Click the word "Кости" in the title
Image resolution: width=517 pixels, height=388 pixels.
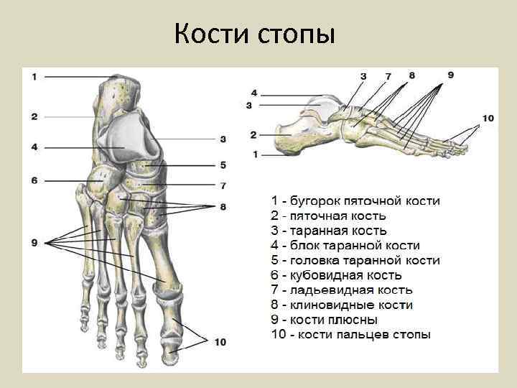click(210, 33)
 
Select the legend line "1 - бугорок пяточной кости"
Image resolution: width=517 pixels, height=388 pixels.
click(355, 201)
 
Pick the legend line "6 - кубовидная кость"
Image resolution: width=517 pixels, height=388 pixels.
click(336, 275)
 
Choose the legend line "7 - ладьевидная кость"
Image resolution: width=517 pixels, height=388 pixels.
click(341, 290)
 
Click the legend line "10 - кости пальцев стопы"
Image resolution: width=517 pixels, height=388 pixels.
click(350, 335)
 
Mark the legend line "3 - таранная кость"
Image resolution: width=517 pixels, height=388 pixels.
click(329, 231)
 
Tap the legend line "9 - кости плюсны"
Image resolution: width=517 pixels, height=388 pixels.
click(324, 320)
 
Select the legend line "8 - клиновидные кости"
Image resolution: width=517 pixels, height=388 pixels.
click(341, 305)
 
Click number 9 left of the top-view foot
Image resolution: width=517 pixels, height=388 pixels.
click(34, 244)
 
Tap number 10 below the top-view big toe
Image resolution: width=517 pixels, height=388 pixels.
click(219, 342)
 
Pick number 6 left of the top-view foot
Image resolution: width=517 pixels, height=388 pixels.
click(34, 180)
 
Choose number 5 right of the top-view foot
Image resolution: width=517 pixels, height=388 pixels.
click(223, 165)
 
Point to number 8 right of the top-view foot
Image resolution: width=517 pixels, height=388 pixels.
click(223, 207)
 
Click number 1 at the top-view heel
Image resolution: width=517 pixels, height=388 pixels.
click(34, 76)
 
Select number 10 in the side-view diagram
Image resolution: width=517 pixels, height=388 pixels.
click(488, 119)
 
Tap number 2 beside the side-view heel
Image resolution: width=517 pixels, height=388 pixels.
click(253, 134)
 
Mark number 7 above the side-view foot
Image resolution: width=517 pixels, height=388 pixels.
click(388, 75)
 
